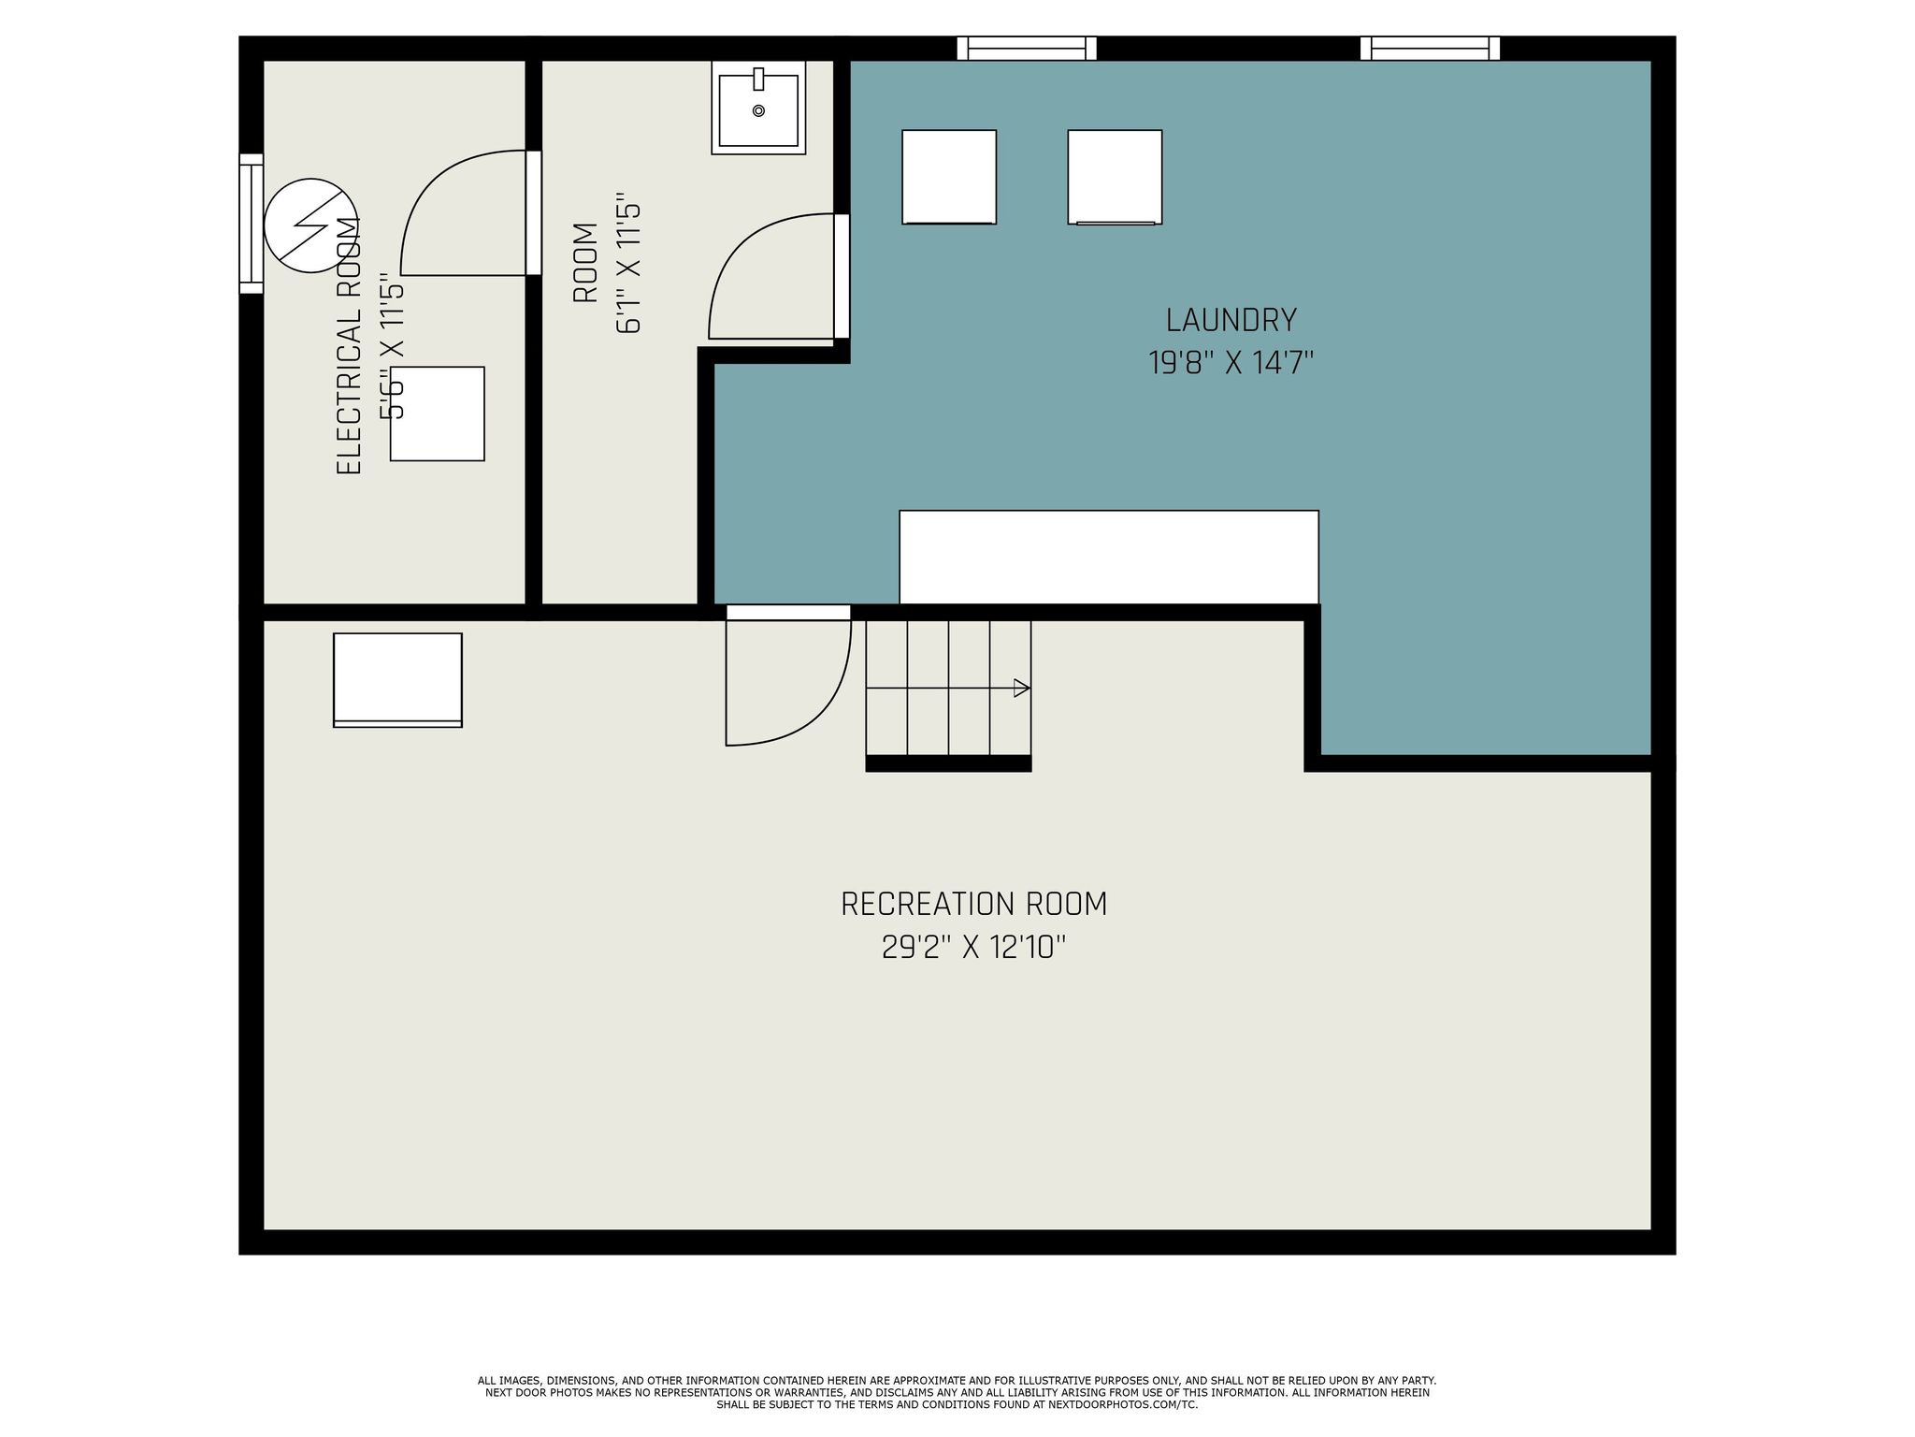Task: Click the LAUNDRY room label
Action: tap(1231, 321)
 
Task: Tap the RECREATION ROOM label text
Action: tap(973, 905)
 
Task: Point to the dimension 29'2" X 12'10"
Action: tap(973, 949)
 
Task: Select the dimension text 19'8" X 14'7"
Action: tap(1231, 363)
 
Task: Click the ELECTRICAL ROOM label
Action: tap(349, 346)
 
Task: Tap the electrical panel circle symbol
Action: tap(310, 225)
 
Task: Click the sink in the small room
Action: tap(758, 109)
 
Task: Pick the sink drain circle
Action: tap(758, 110)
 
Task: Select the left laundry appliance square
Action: tap(948, 177)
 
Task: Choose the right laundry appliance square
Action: tap(1115, 177)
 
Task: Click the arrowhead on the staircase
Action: tap(1022, 689)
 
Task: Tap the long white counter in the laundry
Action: tap(1108, 558)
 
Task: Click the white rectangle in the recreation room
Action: tap(397, 679)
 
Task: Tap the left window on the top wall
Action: tap(1026, 49)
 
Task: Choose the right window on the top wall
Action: tap(1429, 49)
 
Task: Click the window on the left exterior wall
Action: tap(251, 224)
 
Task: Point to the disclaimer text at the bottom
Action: tap(957, 1392)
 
